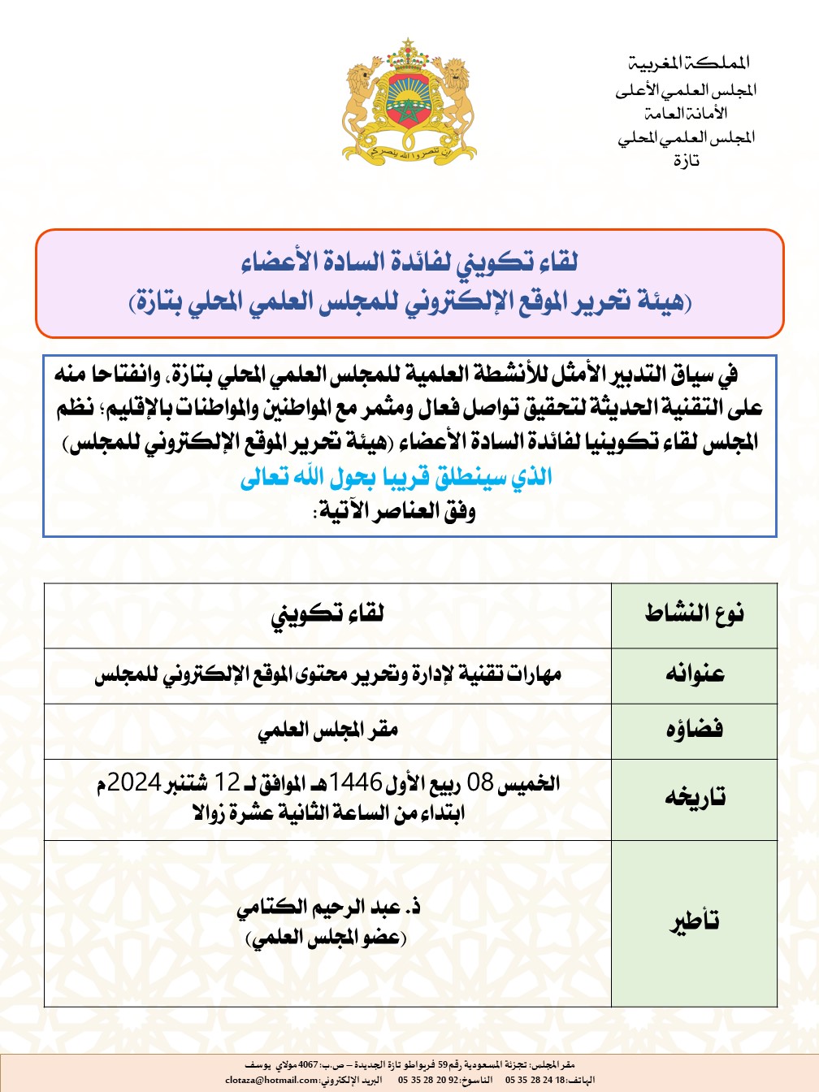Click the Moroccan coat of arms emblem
tap(409, 101)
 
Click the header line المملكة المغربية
tap(689, 63)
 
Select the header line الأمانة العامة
tap(686, 113)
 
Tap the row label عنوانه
tap(695, 674)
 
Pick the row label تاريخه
tap(695, 797)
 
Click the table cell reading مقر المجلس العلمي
tap(327, 730)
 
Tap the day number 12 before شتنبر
tap(227, 782)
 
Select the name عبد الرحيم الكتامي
tap(327, 907)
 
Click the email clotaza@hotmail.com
tap(272, 1080)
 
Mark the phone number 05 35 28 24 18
tap(535, 1080)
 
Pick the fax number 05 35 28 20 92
tap(427, 1080)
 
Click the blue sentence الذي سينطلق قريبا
tap(396, 477)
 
